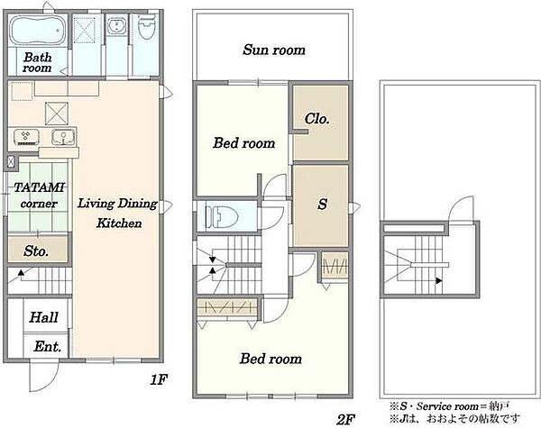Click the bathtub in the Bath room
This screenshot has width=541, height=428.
pyautogui.click(x=37, y=30)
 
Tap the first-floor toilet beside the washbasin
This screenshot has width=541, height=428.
pyautogui.click(x=147, y=26)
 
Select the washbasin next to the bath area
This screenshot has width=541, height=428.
pyautogui.click(x=117, y=25)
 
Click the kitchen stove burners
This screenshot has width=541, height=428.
pyautogui.click(x=26, y=137)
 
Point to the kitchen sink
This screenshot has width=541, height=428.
pyautogui.click(x=63, y=137)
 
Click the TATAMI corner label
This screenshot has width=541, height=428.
pyautogui.click(x=39, y=196)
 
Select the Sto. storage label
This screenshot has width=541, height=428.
pyautogui.click(x=36, y=251)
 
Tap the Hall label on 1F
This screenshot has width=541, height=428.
pyautogui.click(x=43, y=317)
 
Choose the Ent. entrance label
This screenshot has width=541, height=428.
pyautogui.click(x=47, y=346)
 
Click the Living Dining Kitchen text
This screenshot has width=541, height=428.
pyautogui.click(x=117, y=214)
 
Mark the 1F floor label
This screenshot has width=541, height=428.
pyautogui.click(x=159, y=379)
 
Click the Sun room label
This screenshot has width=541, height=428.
pyautogui.click(x=274, y=50)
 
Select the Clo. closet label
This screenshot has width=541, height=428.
pyautogui.click(x=316, y=119)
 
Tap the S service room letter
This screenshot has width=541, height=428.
pyautogui.click(x=322, y=204)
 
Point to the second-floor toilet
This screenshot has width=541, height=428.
pyautogui.click(x=222, y=217)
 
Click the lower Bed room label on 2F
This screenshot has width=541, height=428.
pyautogui.click(x=270, y=359)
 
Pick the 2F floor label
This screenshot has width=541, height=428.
pyautogui.click(x=345, y=420)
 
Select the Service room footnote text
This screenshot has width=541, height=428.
pyautogui.click(x=450, y=406)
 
